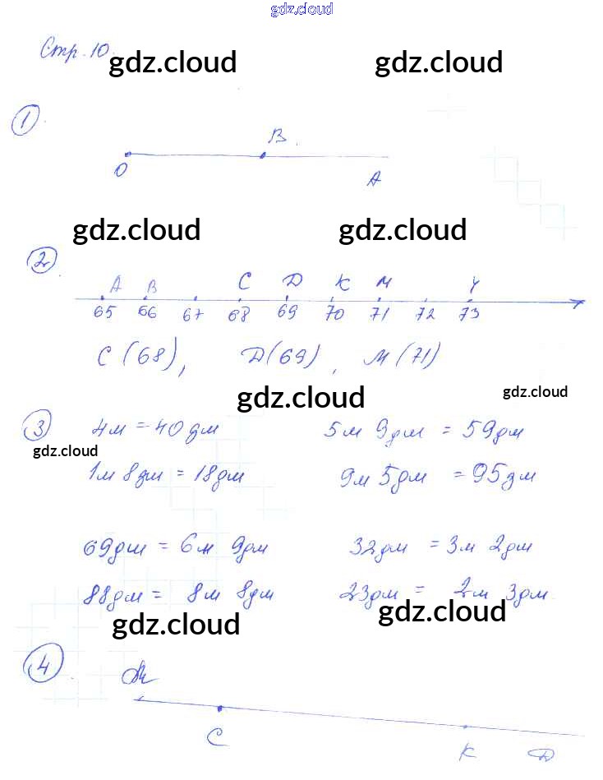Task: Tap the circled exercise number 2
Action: (39, 262)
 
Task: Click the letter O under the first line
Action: (121, 170)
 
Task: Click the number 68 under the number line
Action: (238, 315)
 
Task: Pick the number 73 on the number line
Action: (468, 315)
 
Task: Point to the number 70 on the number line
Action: (334, 314)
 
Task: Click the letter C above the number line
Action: (244, 282)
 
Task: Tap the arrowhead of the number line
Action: (579, 302)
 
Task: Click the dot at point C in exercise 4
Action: (219, 708)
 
